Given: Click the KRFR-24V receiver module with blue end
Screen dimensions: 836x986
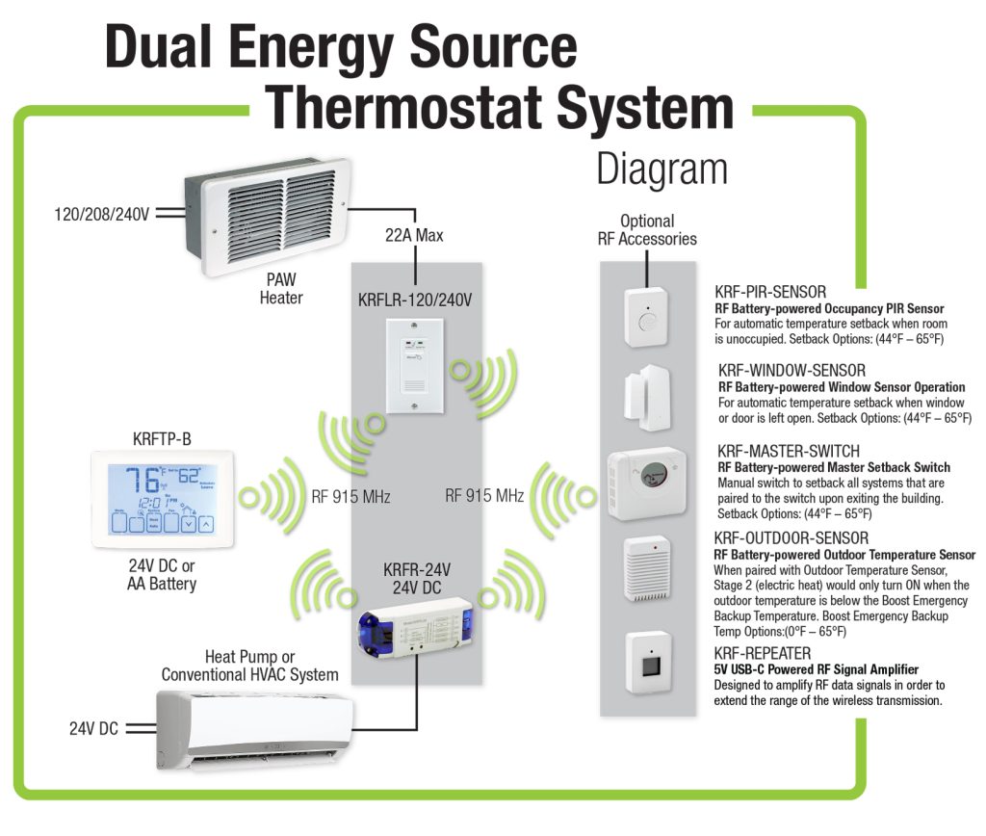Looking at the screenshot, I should click(x=416, y=621).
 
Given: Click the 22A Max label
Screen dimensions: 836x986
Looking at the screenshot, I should click(x=414, y=235).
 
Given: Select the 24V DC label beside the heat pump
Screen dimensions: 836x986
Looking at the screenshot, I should click(x=93, y=729).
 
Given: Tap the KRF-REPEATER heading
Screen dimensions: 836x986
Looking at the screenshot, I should click(x=762, y=653).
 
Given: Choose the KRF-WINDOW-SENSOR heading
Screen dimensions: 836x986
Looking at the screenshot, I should click(x=791, y=370).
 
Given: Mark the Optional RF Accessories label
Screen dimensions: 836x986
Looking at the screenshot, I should click(x=647, y=230).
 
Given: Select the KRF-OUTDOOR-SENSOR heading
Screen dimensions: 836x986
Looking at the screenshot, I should click(x=791, y=537).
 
